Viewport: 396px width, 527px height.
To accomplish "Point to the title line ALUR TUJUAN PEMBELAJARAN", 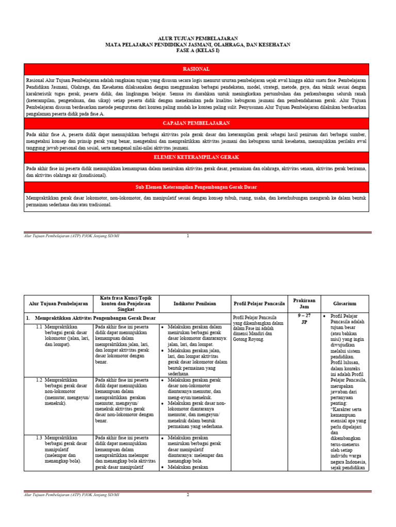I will (197, 38).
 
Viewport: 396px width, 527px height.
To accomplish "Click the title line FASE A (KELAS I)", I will (197, 51).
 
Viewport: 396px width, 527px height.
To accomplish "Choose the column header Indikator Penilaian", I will (195, 304).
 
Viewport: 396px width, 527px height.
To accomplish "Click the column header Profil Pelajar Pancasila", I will (259, 304).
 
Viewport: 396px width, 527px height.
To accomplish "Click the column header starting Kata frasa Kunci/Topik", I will (126, 304).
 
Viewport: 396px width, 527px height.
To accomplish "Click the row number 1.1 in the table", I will (39, 327).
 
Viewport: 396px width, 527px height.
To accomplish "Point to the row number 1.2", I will (39, 380).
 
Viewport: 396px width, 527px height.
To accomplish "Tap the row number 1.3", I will (39, 437).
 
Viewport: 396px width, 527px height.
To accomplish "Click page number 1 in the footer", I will (188, 236).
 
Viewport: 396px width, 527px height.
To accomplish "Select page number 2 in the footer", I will (188, 495).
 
